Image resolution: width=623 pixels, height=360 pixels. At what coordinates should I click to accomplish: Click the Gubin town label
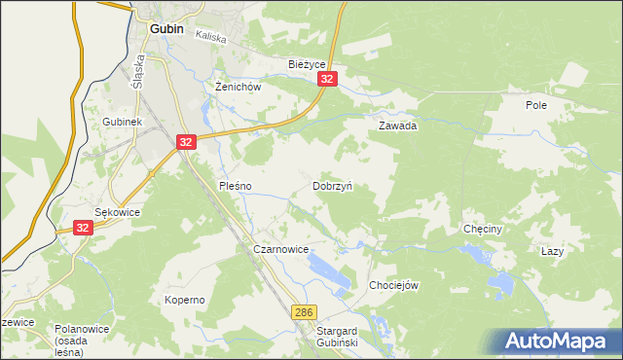(167, 29)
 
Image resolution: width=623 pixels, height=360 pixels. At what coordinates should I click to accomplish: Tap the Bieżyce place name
(307, 64)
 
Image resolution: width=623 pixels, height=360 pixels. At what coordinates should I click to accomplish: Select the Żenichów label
(238, 86)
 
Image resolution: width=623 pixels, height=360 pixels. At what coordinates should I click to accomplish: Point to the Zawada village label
(397, 126)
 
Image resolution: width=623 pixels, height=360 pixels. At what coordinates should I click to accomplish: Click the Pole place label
(536, 104)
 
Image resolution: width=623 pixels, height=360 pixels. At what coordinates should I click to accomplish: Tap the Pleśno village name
(236, 185)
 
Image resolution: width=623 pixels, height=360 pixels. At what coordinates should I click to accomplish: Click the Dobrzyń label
(332, 185)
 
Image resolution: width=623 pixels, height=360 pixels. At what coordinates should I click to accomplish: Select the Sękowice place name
(117, 211)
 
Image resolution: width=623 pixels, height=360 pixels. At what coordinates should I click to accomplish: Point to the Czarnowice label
(280, 250)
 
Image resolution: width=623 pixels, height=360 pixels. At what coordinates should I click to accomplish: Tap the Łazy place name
(552, 251)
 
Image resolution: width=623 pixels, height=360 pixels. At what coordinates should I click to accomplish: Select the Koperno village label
(184, 300)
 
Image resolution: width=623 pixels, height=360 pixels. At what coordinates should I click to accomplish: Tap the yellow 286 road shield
(304, 310)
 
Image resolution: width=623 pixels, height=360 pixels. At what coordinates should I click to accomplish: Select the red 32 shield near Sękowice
(83, 228)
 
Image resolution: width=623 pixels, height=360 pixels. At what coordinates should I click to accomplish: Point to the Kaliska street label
(210, 37)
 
